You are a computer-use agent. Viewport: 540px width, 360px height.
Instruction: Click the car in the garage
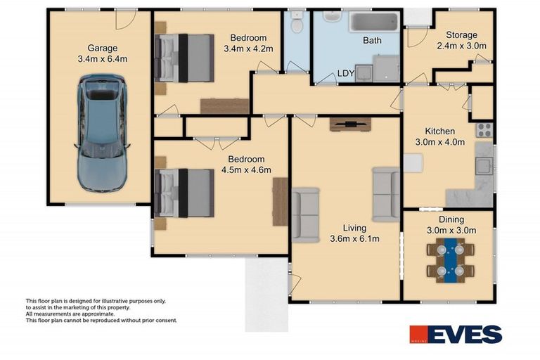tap(103, 134)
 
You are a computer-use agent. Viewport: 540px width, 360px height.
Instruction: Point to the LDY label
tap(345, 72)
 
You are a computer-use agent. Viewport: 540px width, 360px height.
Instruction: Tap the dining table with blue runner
tap(450, 259)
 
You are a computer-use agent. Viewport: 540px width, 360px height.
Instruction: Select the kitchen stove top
tap(484, 129)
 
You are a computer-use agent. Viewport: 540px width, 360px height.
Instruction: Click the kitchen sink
tap(484, 166)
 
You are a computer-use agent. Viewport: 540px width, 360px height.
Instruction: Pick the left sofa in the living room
tap(305, 214)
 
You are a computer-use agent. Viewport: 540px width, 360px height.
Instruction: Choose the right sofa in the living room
tap(386, 194)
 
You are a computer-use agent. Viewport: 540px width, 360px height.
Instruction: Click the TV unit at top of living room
tap(349, 124)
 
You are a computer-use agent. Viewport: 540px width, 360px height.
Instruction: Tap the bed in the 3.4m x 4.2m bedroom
tap(184, 56)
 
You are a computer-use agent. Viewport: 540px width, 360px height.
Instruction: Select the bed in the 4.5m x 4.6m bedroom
tap(184, 192)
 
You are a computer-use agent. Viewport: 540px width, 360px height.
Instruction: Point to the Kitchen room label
tap(439, 131)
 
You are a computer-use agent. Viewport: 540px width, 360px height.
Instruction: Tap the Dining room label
tap(451, 219)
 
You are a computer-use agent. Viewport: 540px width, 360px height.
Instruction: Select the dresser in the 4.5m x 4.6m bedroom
tap(281, 202)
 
